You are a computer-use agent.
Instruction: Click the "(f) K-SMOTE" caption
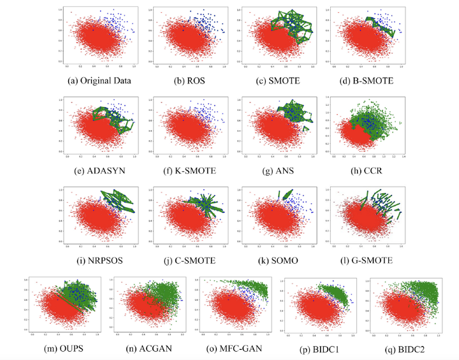click(186, 171)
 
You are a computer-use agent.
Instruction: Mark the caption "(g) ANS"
click(275, 171)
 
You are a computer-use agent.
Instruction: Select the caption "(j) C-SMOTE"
click(186, 259)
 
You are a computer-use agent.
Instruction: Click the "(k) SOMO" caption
click(275, 259)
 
